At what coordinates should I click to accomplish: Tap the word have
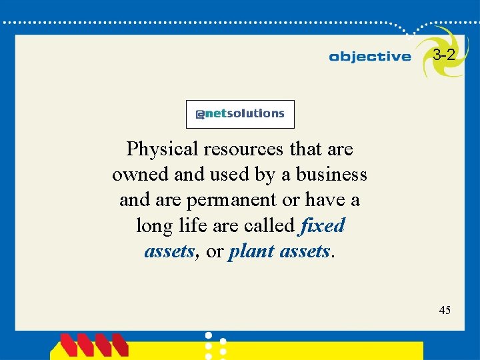[x=317, y=199]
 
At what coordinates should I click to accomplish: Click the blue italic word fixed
[x=323, y=225]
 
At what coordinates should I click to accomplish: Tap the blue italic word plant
[x=250, y=251]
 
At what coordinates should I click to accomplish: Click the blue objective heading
[x=370, y=57]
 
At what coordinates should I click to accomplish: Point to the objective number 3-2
[x=444, y=55]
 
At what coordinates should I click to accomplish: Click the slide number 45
[x=445, y=309]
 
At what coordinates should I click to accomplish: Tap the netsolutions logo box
[x=240, y=114]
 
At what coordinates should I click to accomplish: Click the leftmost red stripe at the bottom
[x=69, y=345]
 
